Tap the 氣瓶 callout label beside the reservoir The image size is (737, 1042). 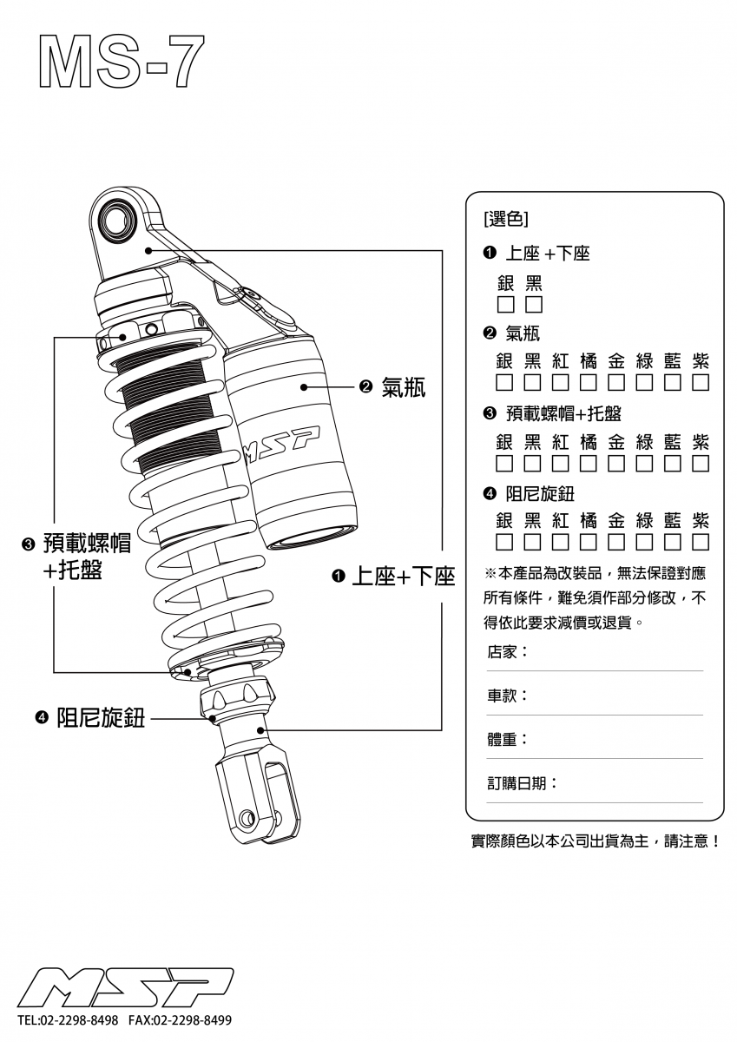click(404, 387)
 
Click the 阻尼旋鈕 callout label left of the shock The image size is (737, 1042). click(101, 717)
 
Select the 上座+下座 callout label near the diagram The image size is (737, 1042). click(404, 577)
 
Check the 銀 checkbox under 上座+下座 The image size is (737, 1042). click(505, 305)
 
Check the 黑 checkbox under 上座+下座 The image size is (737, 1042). click(534, 305)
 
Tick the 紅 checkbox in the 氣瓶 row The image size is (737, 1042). click(561, 382)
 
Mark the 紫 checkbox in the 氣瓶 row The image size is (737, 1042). click(701, 382)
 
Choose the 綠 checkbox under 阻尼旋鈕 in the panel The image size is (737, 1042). click(644, 543)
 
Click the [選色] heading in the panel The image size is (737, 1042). click(503, 218)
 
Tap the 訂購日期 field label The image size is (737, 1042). click(522, 783)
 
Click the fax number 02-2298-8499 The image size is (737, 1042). click(192, 1019)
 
